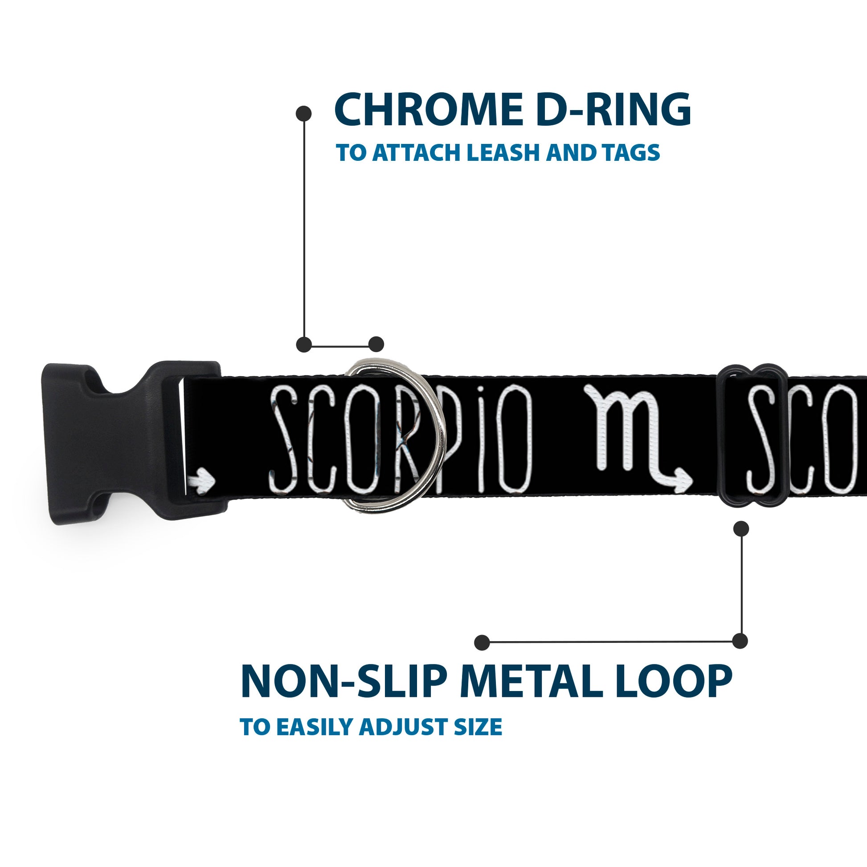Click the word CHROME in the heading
(428, 110)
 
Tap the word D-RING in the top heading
(613, 110)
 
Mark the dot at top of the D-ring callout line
(304, 114)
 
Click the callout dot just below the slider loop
(741, 529)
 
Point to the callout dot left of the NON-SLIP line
(482, 642)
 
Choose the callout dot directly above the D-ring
(376, 344)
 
